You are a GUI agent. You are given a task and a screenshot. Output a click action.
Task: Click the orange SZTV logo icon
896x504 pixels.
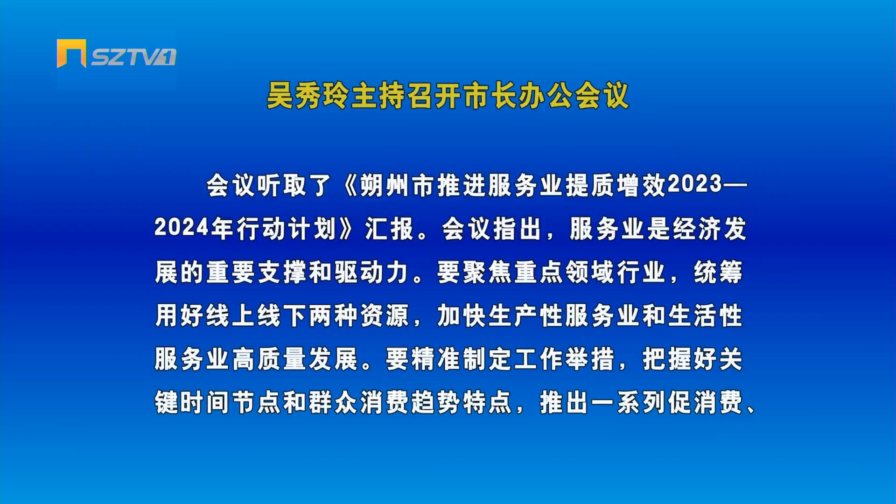click(x=71, y=53)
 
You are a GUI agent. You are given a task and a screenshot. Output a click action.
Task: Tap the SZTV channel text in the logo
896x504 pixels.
click(x=133, y=57)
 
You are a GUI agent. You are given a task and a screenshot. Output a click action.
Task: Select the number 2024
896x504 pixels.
click(x=182, y=228)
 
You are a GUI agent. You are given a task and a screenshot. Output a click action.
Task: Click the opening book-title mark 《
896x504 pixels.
click(x=349, y=186)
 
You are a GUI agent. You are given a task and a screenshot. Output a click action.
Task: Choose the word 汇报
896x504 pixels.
click(x=389, y=229)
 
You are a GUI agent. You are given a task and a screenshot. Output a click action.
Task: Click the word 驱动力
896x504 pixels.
click(x=372, y=272)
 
